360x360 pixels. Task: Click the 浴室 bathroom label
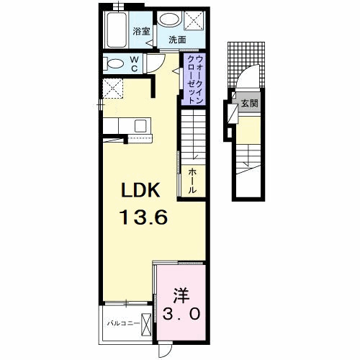(x=141, y=31)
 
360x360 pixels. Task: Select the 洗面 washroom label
(x=177, y=40)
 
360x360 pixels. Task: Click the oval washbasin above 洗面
(x=170, y=20)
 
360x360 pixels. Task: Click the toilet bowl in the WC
(x=113, y=64)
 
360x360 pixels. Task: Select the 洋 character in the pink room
(x=181, y=295)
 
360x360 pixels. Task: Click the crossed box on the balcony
(x=146, y=325)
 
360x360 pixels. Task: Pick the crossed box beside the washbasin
(x=193, y=19)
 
